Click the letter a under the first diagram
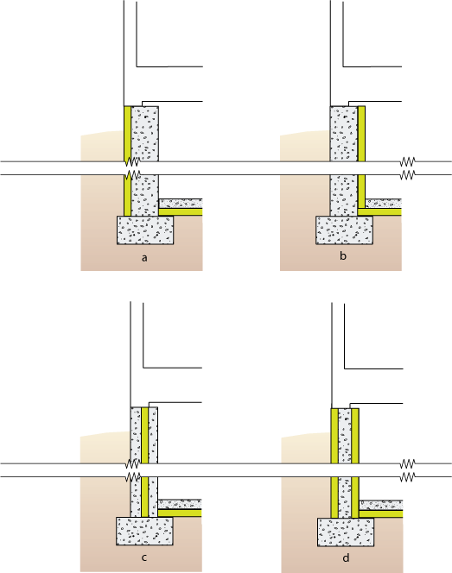click(x=144, y=258)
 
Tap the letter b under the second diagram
click(x=343, y=255)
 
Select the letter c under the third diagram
click(x=143, y=557)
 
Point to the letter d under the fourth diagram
click(x=346, y=558)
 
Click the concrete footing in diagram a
click(x=145, y=230)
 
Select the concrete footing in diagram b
click(x=344, y=230)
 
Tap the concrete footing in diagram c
click(x=144, y=531)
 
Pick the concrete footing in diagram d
click(x=346, y=532)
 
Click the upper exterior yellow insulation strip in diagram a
click(x=127, y=134)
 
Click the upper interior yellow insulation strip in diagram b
click(x=361, y=134)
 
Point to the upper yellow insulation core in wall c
click(x=144, y=435)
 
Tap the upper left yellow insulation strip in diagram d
click(x=334, y=436)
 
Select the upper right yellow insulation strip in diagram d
click(x=355, y=436)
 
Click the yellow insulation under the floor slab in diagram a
click(x=181, y=211)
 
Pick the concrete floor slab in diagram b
click(x=384, y=204)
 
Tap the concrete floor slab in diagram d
click(x=381, y=505)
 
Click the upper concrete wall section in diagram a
click(x=144, y=134)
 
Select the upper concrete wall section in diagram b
click(x=344, y=134)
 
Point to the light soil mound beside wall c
click(x=105, y=448)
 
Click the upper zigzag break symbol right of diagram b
click(x=407, y=161)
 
